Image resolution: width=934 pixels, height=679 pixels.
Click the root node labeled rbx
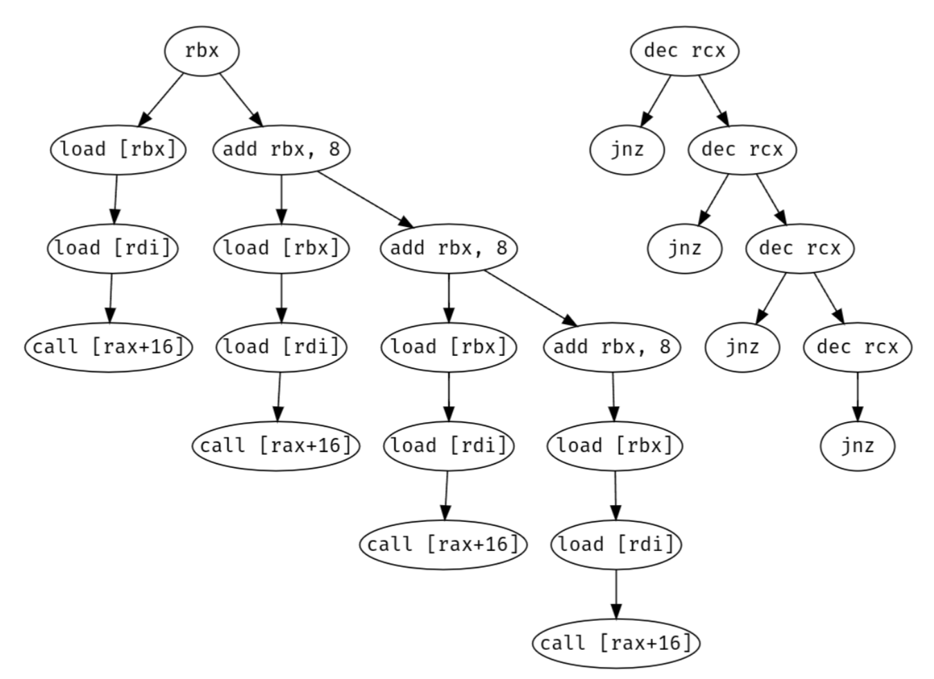(x=201, y=51)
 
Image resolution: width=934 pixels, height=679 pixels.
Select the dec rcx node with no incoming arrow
(x=684, y=51)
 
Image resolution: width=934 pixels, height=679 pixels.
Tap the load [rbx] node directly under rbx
(x=118, y=149)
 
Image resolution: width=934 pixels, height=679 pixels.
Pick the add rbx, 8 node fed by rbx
(x=280, y=149)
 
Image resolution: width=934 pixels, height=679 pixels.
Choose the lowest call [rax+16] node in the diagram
(x=616, y=642)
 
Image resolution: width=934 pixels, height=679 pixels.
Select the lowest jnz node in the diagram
(x=857, y=445)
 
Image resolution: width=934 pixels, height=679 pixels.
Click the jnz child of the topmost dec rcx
(x=627, y=149)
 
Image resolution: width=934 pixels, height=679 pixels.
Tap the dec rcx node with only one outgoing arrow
(x=857, y=346)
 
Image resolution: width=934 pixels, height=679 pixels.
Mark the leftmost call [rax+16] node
(x=109, y=346)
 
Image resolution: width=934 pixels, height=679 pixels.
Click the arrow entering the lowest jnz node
(x=857, y=396)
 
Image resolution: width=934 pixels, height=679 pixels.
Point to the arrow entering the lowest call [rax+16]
(x=616, y=593)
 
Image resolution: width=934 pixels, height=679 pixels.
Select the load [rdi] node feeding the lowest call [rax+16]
(x=616, y=544)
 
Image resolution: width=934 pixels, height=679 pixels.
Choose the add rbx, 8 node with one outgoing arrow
(x=612, y=346)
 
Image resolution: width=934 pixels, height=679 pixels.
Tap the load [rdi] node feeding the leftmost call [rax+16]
(x=112, y=247)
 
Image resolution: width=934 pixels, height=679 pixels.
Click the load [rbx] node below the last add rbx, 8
(x=615, y=445)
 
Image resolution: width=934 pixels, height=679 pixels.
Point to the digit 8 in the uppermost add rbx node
(x=334, y=149)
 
